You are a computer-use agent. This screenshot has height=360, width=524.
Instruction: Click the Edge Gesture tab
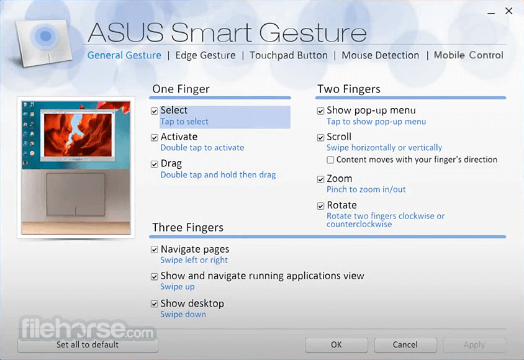point(205,55)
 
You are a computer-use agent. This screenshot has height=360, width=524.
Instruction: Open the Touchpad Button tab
point(289,55)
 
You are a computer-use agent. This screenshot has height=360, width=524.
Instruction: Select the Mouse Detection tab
point(381,55)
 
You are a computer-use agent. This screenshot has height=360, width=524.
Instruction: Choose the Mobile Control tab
point(468,55)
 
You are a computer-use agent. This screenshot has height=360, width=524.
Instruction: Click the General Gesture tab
point(124,55)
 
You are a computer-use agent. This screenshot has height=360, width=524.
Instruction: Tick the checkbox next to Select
point(154,111)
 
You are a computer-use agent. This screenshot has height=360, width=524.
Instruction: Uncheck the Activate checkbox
point(154,138)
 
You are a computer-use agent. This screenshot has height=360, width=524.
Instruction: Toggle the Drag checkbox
point(154,164)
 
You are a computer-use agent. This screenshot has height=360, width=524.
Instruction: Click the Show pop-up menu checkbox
point(320,111)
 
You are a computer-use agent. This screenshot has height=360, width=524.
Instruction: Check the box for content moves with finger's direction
point(330,160)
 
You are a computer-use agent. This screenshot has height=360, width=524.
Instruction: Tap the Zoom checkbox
point(320,179)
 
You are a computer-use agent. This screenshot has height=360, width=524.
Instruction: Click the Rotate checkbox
point(320,206)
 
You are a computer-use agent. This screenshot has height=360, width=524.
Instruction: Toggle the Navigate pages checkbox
point(154,250)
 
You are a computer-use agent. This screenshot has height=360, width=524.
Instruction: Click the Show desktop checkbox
point(154,304)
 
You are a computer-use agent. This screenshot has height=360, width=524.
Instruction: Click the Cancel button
point(405,344)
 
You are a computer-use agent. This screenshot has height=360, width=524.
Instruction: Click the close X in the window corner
point(508,11)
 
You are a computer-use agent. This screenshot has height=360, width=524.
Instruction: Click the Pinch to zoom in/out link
point(366,189)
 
